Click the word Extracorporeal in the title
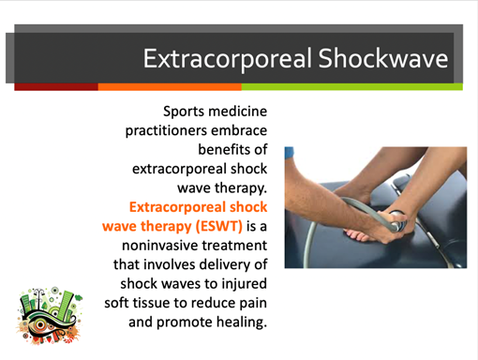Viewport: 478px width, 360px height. (228, 59)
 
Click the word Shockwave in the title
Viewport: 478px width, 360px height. (383, 58)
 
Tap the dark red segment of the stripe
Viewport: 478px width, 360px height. (56, 87)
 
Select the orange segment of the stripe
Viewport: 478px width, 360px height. (170, 87)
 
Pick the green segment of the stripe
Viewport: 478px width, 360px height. (352, 87)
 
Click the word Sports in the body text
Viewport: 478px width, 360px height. (184, 112)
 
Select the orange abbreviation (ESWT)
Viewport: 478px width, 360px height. (219, 226)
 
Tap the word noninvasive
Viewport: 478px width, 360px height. (158, 246)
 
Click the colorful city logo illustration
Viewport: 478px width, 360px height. (50, 316)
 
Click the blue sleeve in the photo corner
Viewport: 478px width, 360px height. (289, 152)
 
